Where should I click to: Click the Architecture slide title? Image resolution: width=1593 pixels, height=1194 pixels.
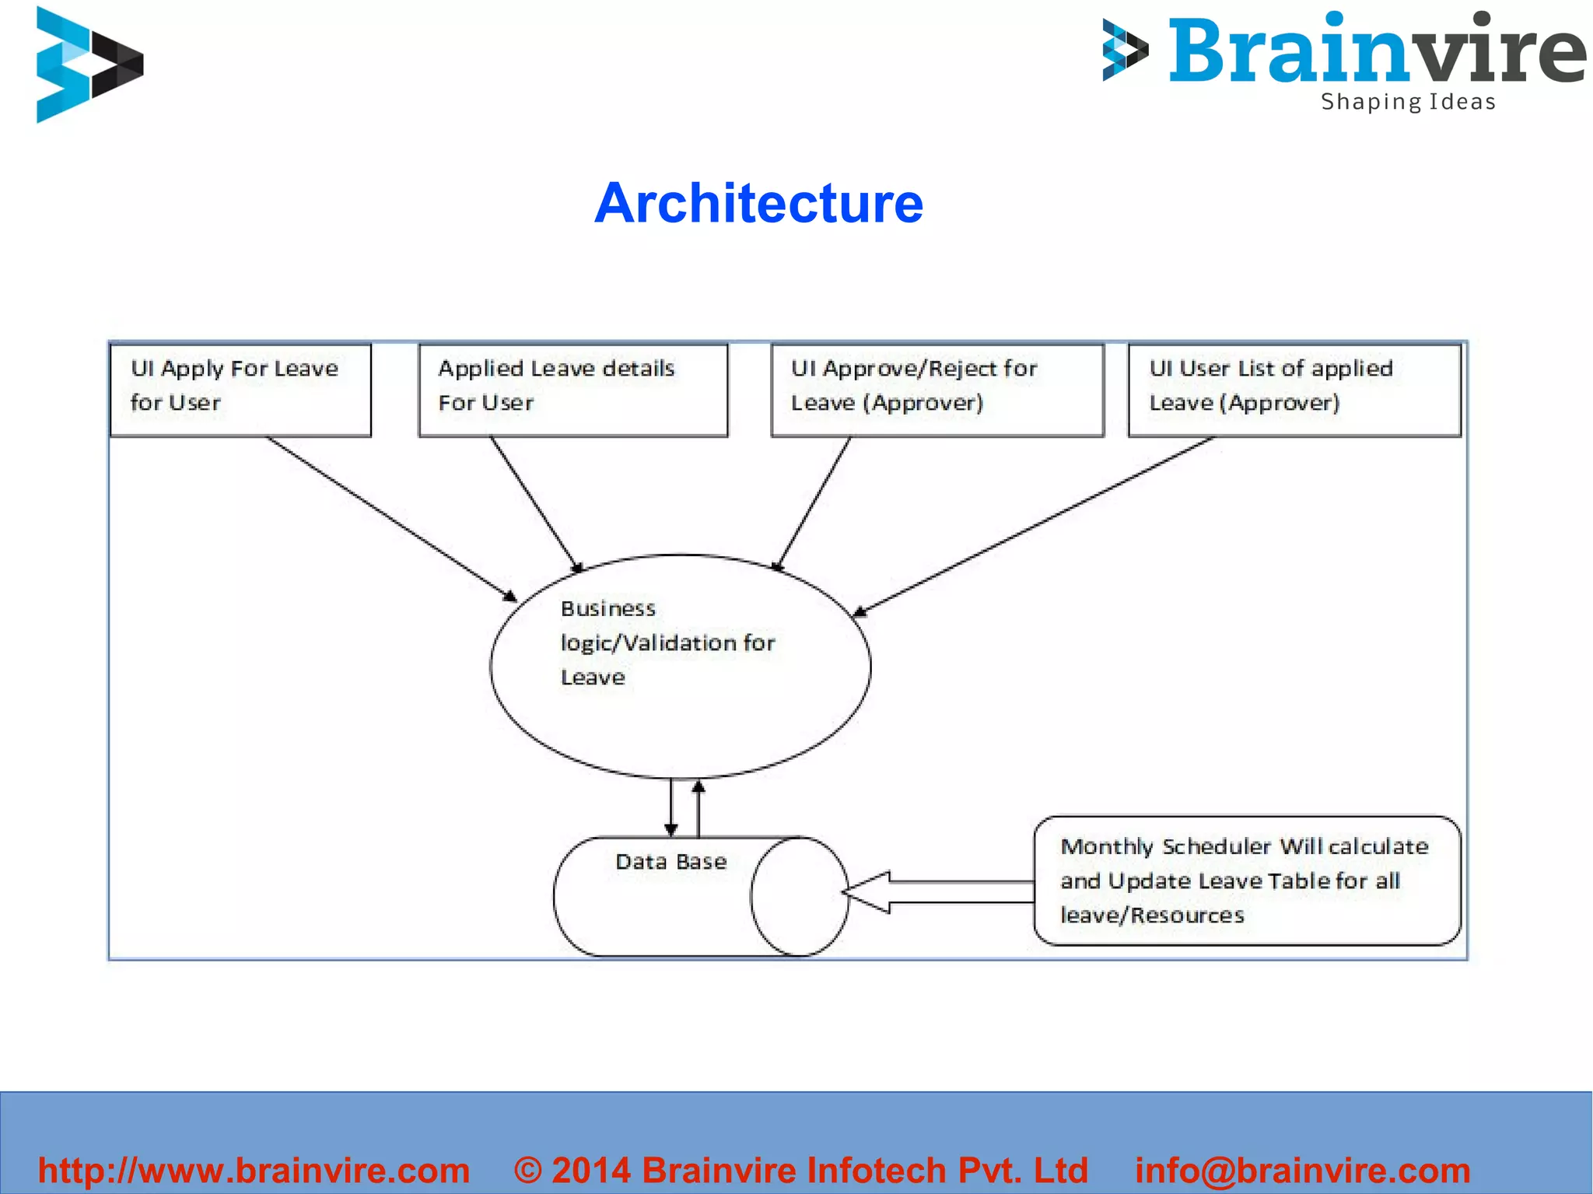click(x=758, y=203)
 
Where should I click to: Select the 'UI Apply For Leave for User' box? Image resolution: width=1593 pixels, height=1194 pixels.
click(x=240, y=389)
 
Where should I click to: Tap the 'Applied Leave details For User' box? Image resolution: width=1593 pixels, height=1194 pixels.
click(x=573, y=389)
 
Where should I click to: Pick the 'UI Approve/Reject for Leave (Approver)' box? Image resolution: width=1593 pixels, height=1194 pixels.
click(x=937, y=389)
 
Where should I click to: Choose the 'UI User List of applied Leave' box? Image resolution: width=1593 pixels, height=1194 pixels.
click(x=1294, y=389)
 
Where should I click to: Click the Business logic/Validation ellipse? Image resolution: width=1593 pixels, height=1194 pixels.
click(x=681, y=667)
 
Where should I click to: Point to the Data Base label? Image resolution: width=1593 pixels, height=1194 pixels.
click(x=670, y=862)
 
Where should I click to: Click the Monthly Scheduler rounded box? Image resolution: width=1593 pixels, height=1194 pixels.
click(x=1247, y=881)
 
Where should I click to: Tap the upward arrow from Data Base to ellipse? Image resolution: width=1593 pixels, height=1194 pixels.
click(x=698, y=809)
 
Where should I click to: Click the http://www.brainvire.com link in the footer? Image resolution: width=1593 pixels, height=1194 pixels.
click(x=254, y=1171)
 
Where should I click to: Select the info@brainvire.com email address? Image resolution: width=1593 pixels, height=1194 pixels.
click(x=1302, y=1171)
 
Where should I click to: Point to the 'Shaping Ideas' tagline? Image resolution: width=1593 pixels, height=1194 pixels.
click(x=1408, y=102)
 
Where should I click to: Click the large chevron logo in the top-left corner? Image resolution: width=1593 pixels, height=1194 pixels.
click(x=89, y=65)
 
